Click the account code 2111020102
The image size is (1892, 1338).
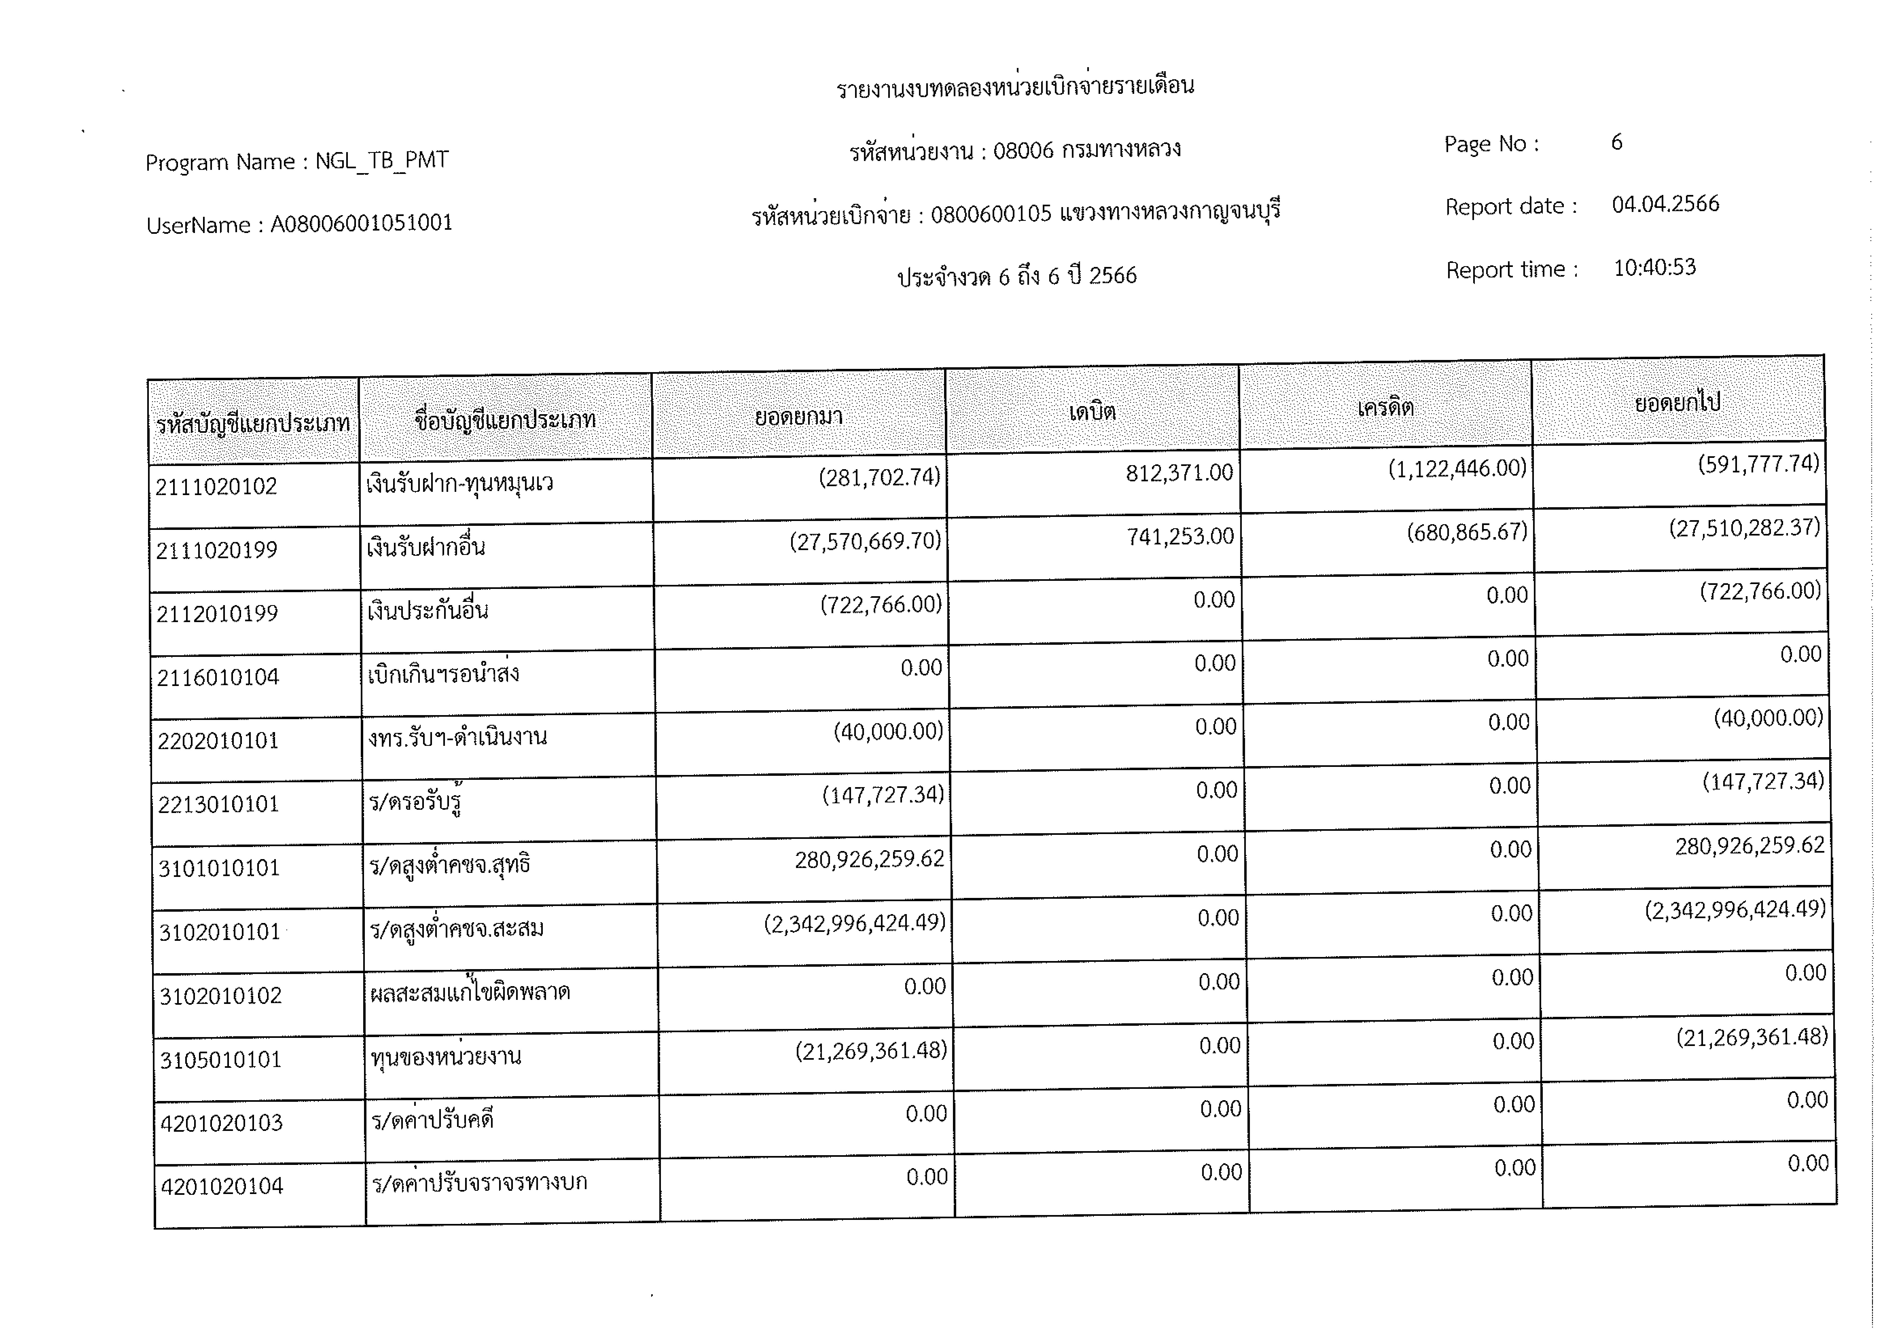pos(216,487)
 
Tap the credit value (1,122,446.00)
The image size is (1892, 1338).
pos(1457,469)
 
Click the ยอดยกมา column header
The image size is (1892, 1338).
pos(798,416)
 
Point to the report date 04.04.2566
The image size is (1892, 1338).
pos(1666,204)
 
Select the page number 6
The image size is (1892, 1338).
pos(1617,143)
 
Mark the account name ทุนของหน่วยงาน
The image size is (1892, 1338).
pos(446,1057)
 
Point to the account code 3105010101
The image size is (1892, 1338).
pos(221,1059)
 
